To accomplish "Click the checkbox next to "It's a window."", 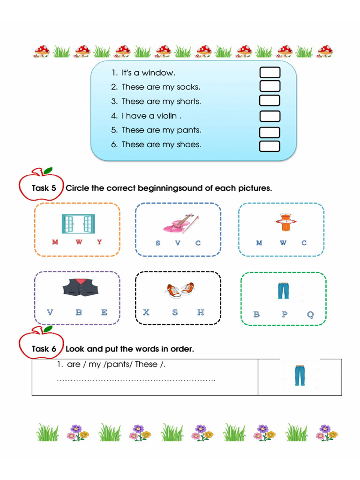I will pyautogui.click(x=270, y=72).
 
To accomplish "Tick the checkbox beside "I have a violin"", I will pyautogui.click(x=270, y=116).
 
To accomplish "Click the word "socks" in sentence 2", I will pyautogui.click(x=188, y=87).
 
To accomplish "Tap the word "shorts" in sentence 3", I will pyautogui.click(x=188, y=102).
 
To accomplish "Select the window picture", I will pyautogui.click(x=78, y=224).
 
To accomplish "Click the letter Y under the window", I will pyautogui.click(x=99, y=242).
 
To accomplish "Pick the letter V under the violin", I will pyautogui.click(x=178, y=243).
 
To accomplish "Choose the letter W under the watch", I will pyautogui.click(x=283, y=243).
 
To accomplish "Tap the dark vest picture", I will pyautogui.click(x=82, y=287).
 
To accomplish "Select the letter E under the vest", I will pyautogui.click(x=104, y=313).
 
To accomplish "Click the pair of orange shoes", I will pyautogui.click(x=179, y=290).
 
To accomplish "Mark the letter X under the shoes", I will pyautogui.click(x=146, y=313).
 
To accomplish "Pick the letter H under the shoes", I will pyautogui.click(x=201, y=313).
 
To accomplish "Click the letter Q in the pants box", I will pyautogui.click(x=310, y=315).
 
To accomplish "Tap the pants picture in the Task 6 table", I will pyautogui.click(x=300, y=375).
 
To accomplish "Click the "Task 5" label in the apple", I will pyautogui.click(x=44, y=188).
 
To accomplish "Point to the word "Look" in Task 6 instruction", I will pyautogui.click(x=75, y=349).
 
